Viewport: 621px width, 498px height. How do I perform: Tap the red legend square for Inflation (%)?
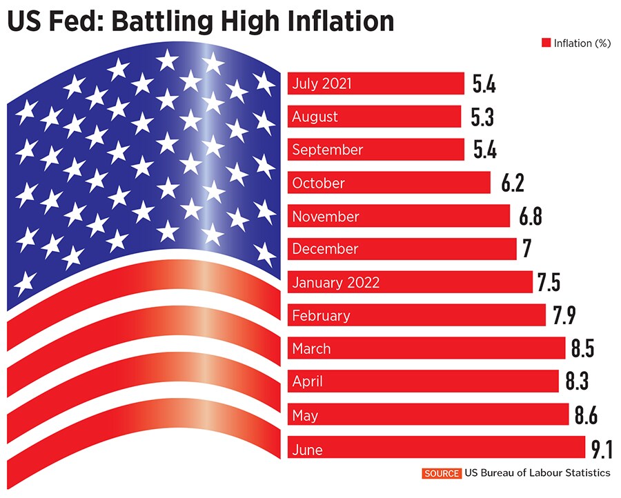point(546,43)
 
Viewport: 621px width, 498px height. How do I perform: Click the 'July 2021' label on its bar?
point(322,83)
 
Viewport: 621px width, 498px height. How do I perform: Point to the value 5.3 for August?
point(483,117)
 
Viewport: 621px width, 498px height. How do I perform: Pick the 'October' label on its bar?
point(318,183)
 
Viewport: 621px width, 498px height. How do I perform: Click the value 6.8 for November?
point(531,217)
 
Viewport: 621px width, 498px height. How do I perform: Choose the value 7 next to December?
point(527,249)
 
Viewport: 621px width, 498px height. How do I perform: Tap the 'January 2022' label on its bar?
point(335,283)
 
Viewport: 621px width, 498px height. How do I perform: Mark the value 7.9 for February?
point(564,316)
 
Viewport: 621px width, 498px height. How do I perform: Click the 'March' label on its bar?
point(311,349)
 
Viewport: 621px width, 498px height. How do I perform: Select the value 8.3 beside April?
point(578,381)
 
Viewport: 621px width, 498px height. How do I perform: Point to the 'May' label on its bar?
point(305,416)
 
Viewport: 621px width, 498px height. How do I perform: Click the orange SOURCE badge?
point(441,473)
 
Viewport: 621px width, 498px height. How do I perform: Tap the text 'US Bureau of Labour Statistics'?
point(538,473)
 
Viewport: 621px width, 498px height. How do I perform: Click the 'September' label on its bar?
point(327,150)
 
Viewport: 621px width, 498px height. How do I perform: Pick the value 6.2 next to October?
point(503,183)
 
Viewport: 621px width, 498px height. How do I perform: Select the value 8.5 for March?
point(582,349)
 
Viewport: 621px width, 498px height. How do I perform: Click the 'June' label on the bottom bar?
point(307,450)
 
